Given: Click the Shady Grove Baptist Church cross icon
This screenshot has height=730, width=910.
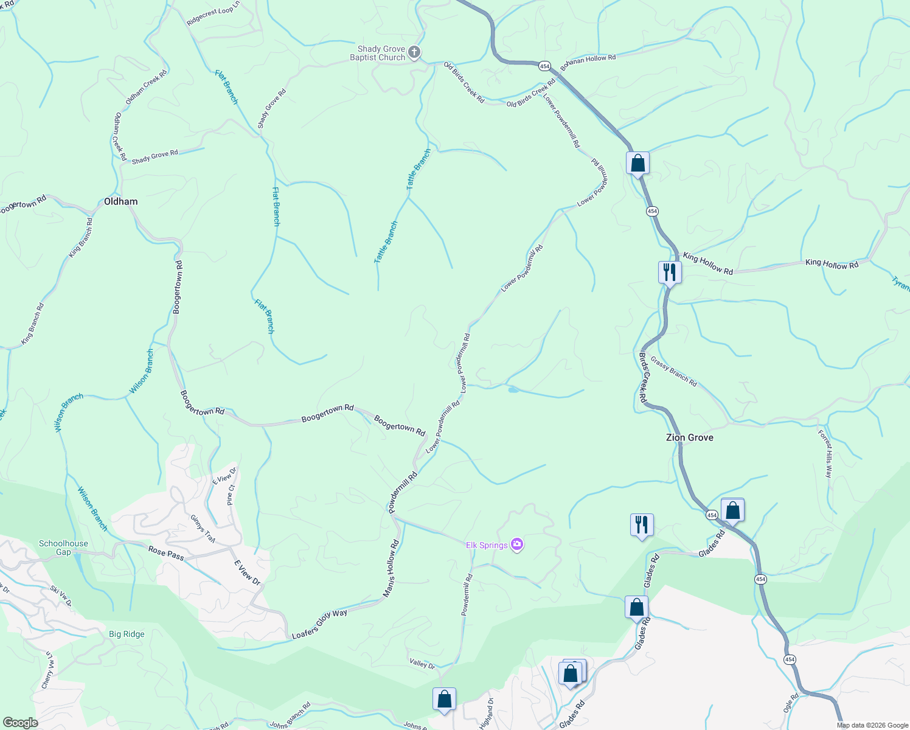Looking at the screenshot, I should tap(414, 52).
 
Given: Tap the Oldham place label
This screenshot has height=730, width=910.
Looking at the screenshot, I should tap(120, 201).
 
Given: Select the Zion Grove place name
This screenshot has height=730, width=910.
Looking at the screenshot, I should tap(689, 437).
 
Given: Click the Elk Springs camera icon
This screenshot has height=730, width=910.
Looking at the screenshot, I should tap(517, 544).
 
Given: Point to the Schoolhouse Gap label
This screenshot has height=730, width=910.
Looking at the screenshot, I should tap(63, 547).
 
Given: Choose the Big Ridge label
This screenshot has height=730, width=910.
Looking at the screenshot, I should tap(127, 634).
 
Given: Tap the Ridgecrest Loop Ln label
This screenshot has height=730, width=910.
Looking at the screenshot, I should tap(214, 15).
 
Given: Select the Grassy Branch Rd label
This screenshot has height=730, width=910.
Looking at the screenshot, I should tap(673, 371).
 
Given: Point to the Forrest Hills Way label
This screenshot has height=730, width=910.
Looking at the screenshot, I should tap(825, 454).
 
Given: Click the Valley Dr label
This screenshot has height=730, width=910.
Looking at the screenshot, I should tap(422, 664).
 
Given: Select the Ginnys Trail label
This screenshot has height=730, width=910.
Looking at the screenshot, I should tap(203, 529).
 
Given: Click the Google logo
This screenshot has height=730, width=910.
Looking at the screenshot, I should tap(20, 722).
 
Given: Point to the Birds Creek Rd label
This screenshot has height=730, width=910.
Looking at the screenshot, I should tap(642, 377).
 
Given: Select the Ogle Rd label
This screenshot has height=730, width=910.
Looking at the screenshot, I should tap(791, 704).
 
